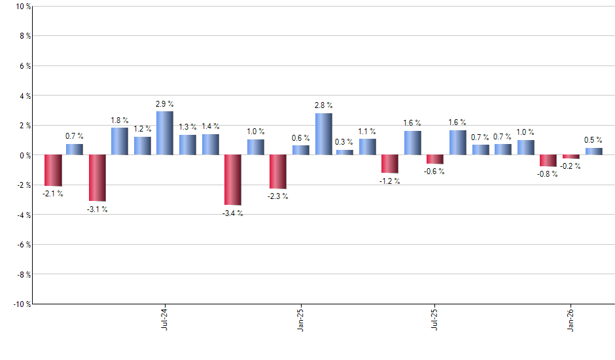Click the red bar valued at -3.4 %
[233, 180]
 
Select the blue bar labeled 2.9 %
[165, 133]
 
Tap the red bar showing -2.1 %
[53, 170]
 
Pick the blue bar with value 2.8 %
[323, 134]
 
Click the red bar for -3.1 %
[97, 178]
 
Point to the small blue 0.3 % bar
[345, 153]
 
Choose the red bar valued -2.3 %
[278, 171]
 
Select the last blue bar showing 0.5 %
[593, 151]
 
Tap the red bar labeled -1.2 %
[390, 164]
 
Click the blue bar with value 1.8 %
[120, 141]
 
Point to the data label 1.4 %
[210, 126]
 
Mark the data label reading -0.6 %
[435, 171]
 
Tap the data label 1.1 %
[367, 131]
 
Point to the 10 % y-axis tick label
[22, 7]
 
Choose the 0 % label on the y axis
[24, 155]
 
